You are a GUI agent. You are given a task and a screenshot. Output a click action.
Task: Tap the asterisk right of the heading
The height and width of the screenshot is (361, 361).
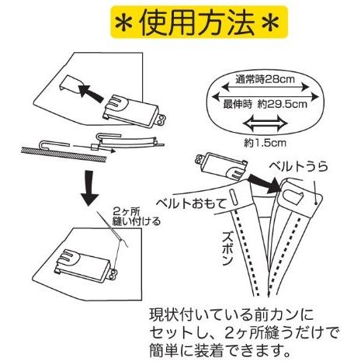[x=270, y=23]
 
